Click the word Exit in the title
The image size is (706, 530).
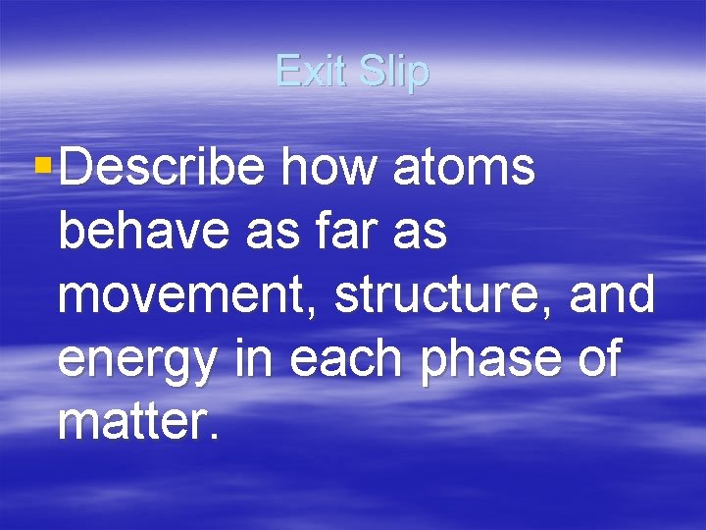coord(312,71)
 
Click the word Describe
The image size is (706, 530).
coord(162,168)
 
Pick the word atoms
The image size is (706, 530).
coord(464,168)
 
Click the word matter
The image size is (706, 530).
coord(129,423)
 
